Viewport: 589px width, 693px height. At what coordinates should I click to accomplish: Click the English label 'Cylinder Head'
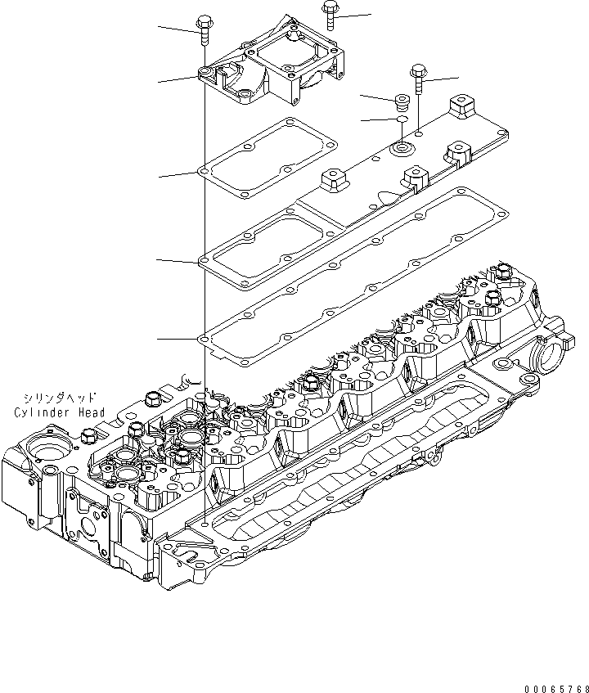[x=59, y=413]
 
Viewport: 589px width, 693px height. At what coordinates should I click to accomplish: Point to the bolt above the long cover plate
[x=418, y=80]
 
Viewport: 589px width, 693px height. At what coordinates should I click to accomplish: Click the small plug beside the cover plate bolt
[x=402, y=101]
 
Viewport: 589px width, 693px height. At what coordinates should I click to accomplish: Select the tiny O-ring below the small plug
[x=401, y=120]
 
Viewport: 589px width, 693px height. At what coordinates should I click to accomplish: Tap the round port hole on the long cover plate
[x=401, y=149]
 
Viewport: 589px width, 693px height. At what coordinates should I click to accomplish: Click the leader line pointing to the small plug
[x=378, y=97]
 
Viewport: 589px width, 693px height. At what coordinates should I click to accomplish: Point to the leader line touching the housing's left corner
[x=178, y=79]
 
